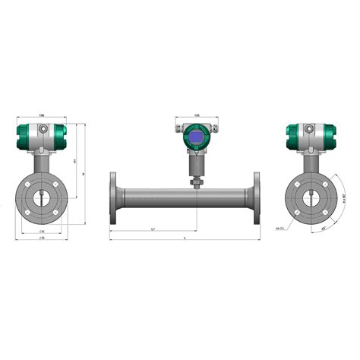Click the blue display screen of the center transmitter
(196, 137)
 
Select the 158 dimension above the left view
(42, 116)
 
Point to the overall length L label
(187, 238)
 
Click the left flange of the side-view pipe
(113, 199)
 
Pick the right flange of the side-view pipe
(256, 199)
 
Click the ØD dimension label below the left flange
(42, 238)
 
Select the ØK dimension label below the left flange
(42, 229)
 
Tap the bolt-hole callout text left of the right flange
(279, 227)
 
